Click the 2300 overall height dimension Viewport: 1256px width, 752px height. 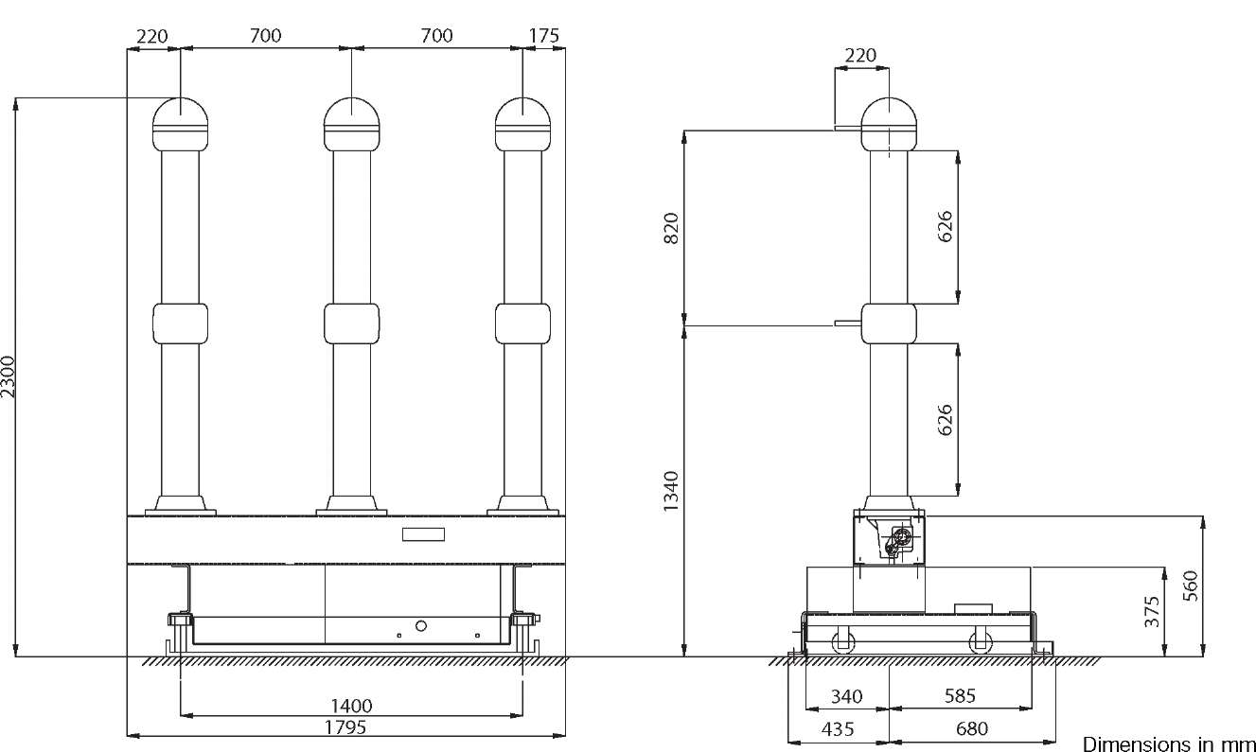pyautogui.click(x=8, y=376)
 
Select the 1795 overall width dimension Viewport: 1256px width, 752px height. pyautogui.click(x=345, y=727)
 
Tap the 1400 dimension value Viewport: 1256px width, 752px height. pyautogui.click(x=351, y=706)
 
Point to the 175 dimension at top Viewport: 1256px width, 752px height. pyautogui.click(x=544, y=35)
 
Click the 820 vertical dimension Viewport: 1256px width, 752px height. pyautogui.click(x=671, y=228)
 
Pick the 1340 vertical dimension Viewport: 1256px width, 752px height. pyautogui.click(x=671, y=491)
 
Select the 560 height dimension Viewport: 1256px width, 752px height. pyautogui.click(x=1190, y=586)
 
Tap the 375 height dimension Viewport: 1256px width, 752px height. pyautogui.click(x=1151, y=612)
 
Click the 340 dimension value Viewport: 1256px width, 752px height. pyautogui.click(x=847, y=696)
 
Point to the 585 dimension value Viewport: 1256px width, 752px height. pyautogui.click(x=960, y=695)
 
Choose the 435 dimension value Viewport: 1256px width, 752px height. pyautogui.click(x=838, y=729)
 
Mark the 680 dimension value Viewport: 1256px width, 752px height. pyautogui.click(x=972, y=728)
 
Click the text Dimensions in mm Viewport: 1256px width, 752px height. pyautogui.click(x=1169, y=743)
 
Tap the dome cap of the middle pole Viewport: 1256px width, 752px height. pyautogui.click(x=351, y=124)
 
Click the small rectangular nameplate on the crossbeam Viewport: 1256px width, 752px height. pyautogui.click(x=423, y=534)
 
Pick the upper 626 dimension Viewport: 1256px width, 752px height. pyautogui.click(x=945, y=226)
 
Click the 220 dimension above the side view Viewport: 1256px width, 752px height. pyautogui.click(x=860, y=55)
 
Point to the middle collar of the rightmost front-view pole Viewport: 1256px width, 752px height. pyautogui.click(x=522, y=324)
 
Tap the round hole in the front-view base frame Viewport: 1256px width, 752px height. pyautogui.click(x=421, y=625)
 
